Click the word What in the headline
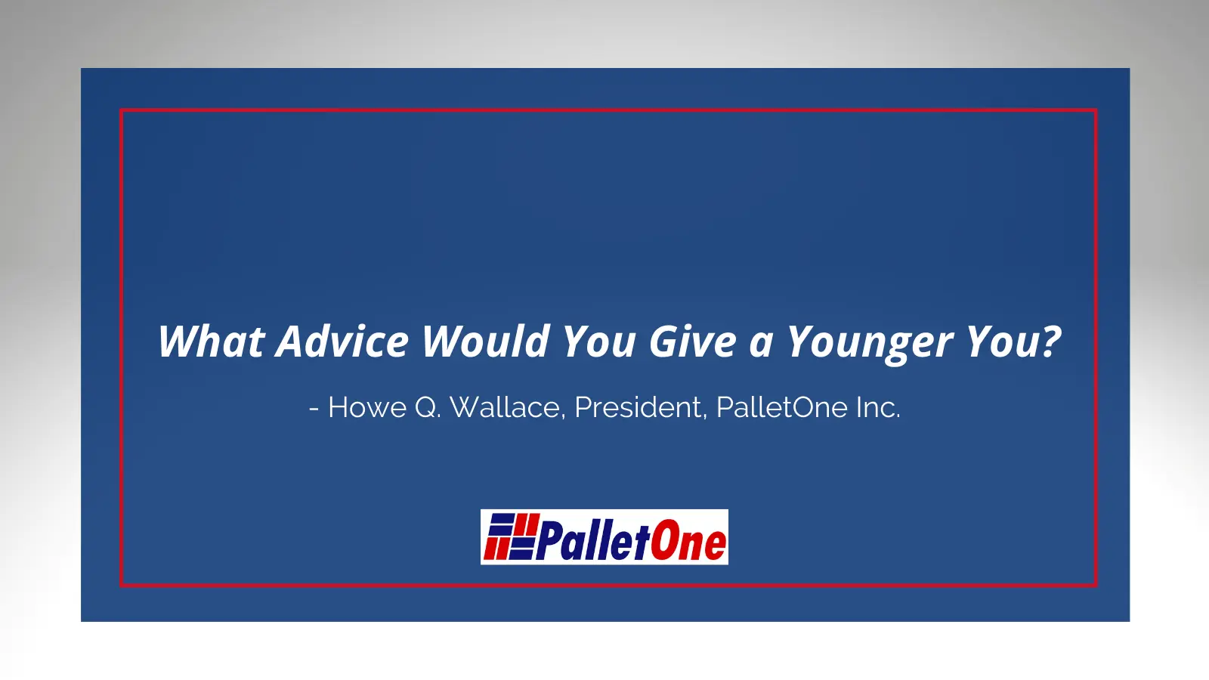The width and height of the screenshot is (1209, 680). [x=211, y=341]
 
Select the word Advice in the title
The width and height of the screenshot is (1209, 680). [x=342, y=341]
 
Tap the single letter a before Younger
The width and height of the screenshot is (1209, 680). [x=762, y=345]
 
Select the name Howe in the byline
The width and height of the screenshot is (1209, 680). [x=367, y=407]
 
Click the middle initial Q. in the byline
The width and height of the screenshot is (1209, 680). [x=428, y=408]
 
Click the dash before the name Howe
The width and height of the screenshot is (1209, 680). [x=314, y=409]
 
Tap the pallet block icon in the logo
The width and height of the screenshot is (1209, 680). [x=512, y=536]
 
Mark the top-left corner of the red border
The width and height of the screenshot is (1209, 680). [x=121, y=110]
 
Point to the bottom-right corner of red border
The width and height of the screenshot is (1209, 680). [x=1096, y=586]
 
